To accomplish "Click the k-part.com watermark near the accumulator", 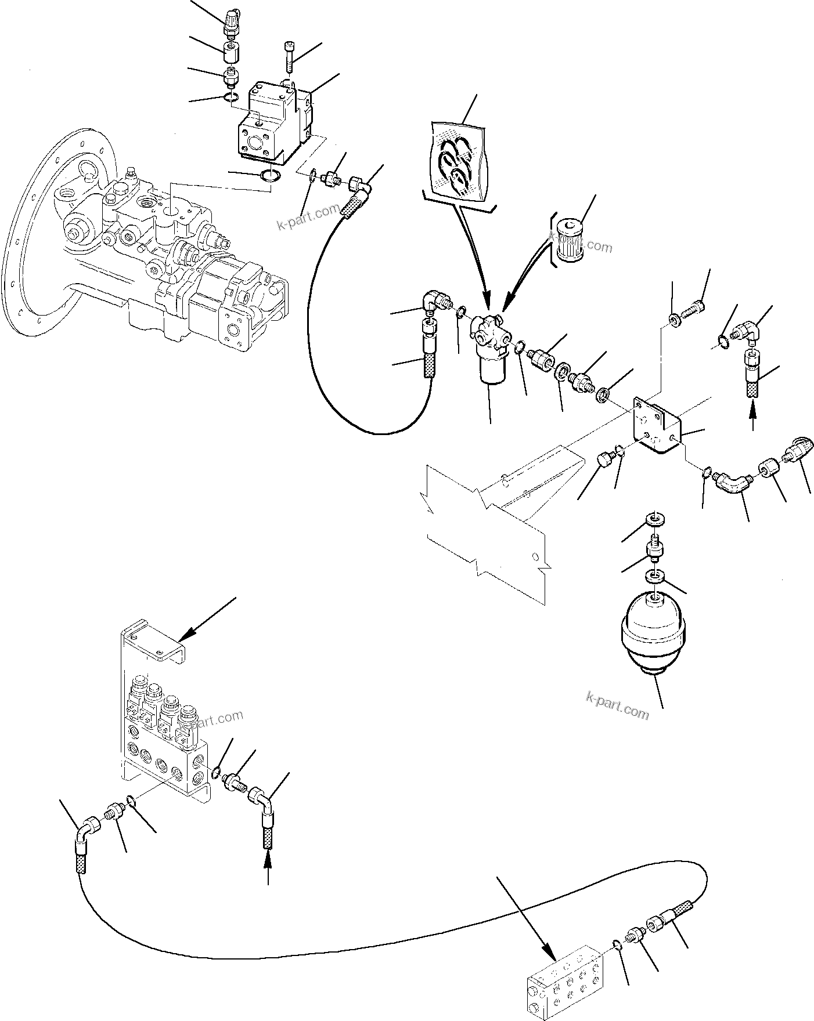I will point(617,710).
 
